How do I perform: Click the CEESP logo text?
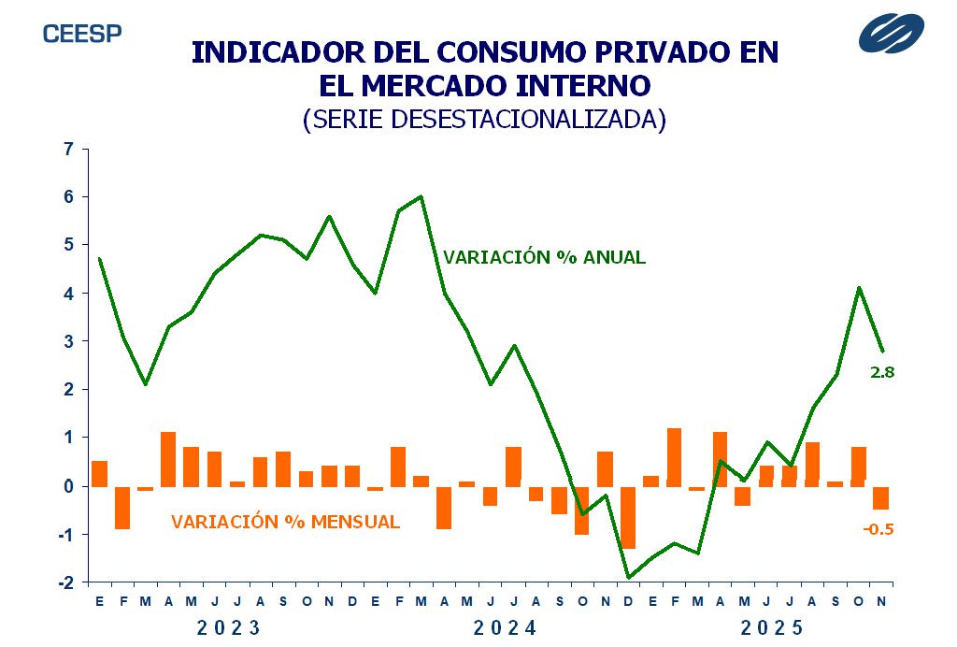(82, 34)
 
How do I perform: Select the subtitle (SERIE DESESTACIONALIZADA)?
(484, 120)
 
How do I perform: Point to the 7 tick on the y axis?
(67, 149)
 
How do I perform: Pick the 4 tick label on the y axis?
(67, 293)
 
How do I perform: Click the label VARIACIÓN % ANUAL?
(544, 257)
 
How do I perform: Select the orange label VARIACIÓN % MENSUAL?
(285, 522)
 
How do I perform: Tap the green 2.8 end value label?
(882, 372)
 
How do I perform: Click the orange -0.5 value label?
(878, 529)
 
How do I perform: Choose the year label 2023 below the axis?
(229, 627)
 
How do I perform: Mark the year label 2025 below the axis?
(773, 627)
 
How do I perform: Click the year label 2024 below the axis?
(506, 627)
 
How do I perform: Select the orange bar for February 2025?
(674, 457)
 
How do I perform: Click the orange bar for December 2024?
(627, 517)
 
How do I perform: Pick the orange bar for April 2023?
(168, 459)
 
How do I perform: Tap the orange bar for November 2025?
(880, 497)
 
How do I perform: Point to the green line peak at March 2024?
(421, 196)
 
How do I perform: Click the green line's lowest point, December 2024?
(628, 578)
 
